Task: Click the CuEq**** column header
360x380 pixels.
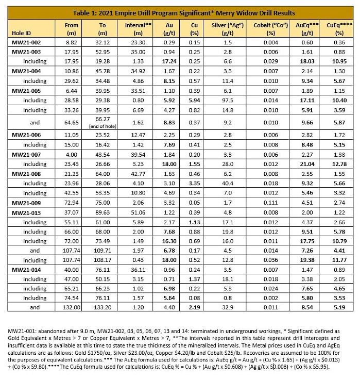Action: point(336,28)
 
